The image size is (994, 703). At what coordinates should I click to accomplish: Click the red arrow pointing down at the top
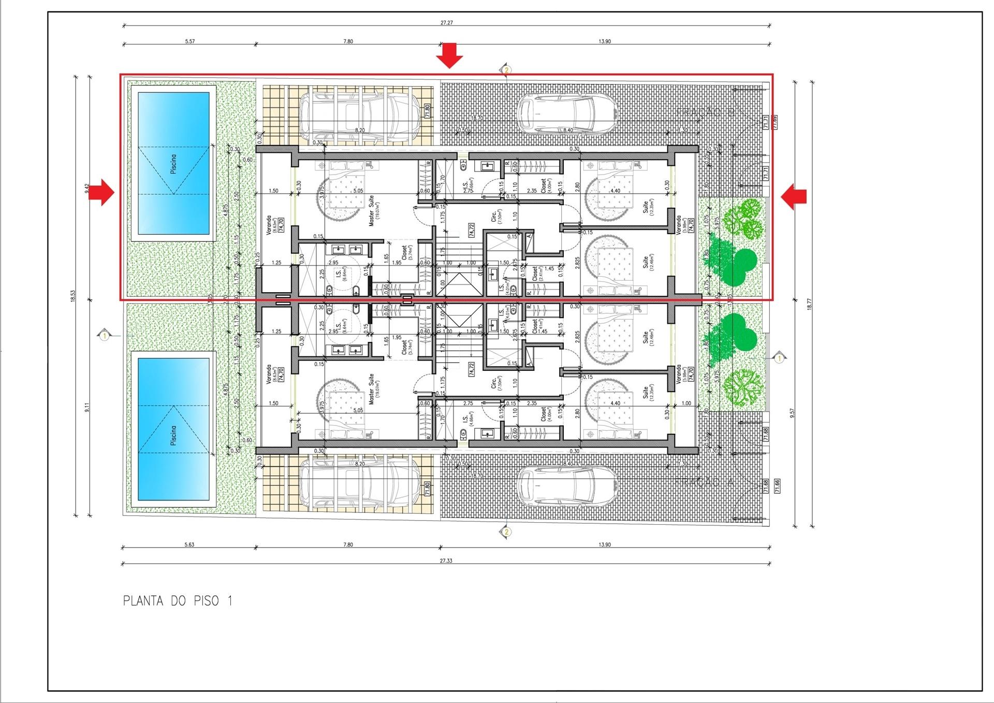pyautogui.click(x=449, y=55)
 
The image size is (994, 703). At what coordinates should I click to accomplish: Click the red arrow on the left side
pyautogui.click(x=107, y=192)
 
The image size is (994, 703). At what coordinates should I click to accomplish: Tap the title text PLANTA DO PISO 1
pyautogui.click(x=178, y=601)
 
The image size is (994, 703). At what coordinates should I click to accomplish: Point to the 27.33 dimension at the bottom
pyautogui.click(x=446, y=561)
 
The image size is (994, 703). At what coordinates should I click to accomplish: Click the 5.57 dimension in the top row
pyautogui.click(x=189, y=41)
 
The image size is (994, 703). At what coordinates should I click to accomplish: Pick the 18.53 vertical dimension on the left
pyautogui.click(x=74, y=296)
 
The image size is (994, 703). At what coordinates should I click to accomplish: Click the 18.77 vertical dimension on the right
pyautogui.click(x=809, y=305)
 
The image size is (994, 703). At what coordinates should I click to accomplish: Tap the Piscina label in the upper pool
pyautogui.click(x=173, y=164)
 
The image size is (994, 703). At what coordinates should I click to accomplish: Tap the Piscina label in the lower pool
pyautogui.click(x=173, y=436)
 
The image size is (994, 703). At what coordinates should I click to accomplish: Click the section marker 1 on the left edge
pyautogui.click(x=105, y=336)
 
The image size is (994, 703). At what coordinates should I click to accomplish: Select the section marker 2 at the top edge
pyautogui.click(x=506, y=69)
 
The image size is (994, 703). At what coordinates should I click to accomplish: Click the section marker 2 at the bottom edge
pyautogui.click(x=506, y=532)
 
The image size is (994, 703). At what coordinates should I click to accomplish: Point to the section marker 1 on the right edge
pyautogui.click(x=780, y=358)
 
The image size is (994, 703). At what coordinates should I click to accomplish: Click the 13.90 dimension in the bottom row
pyautogui.click(x=604, y=544)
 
